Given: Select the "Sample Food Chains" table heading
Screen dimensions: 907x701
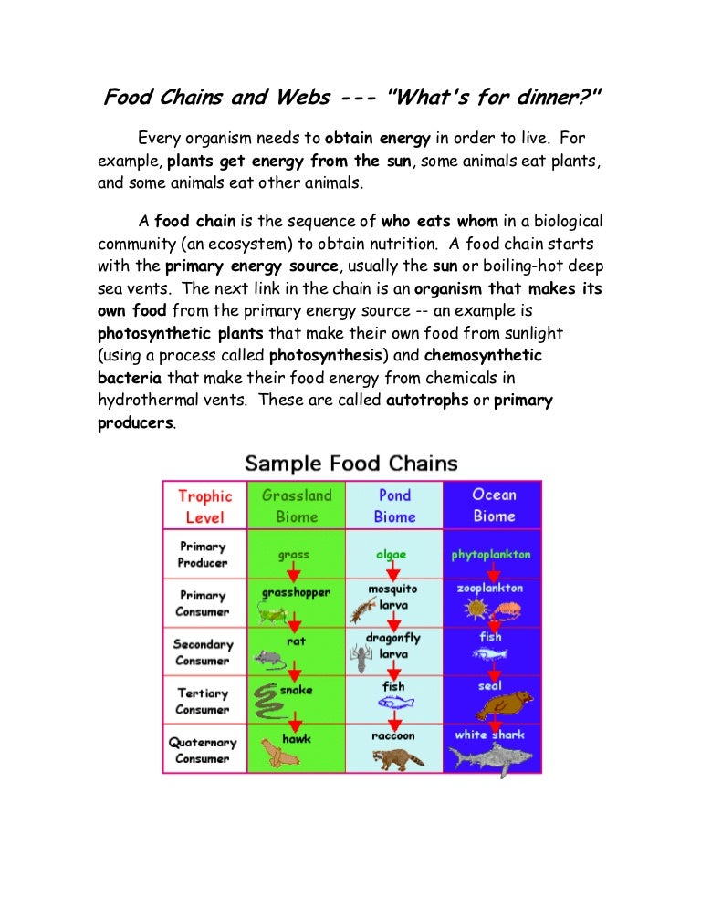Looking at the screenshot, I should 351,463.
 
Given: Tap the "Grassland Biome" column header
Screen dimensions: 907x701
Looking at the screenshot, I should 297,506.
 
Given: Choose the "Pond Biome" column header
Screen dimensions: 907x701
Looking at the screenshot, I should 394,506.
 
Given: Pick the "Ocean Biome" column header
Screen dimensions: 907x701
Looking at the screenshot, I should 493,506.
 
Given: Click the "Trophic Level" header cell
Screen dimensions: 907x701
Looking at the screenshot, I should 204,506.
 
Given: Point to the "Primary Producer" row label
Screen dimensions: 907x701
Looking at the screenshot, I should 203,555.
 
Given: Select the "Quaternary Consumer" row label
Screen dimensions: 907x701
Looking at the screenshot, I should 203,750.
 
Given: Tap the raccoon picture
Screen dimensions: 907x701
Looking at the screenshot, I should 392,757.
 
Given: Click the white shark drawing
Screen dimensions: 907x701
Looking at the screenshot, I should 494,759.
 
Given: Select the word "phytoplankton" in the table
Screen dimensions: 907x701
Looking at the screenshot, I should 491,554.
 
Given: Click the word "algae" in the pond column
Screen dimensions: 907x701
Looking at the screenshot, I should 391,554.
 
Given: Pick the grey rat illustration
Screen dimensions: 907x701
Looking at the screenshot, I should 268,657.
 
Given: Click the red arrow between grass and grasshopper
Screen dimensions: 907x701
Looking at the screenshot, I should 294,573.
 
